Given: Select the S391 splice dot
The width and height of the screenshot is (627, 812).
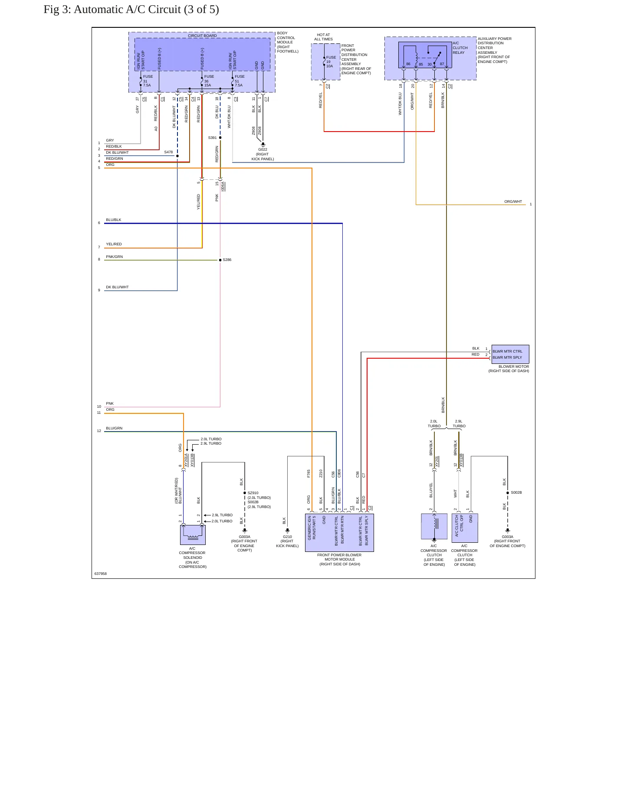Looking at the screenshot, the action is (220, 138).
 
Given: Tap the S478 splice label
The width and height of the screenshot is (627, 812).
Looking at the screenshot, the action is (168, 152).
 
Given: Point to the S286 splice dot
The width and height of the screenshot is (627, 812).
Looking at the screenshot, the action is (220, 260).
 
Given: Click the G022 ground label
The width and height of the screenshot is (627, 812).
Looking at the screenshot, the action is (263, 149).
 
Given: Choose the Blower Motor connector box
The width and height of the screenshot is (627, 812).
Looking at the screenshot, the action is (510, 354).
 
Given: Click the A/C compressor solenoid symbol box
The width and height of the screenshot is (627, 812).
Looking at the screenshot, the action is (193, 535).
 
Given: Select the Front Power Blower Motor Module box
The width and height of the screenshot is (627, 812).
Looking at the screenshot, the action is (339, 533).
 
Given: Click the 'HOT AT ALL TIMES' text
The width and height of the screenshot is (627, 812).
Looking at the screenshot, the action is (323, 37).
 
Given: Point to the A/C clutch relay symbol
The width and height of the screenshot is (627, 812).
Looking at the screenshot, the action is (425, 56).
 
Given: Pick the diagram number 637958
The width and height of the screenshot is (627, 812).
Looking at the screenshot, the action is (101, 574).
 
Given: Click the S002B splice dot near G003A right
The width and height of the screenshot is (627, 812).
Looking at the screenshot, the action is (508, 493).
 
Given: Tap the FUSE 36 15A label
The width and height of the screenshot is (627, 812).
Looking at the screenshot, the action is (209, 81).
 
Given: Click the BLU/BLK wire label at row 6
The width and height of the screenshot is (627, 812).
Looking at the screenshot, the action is (114, 220).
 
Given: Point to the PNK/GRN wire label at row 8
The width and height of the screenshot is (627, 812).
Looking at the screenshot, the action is (115, 257).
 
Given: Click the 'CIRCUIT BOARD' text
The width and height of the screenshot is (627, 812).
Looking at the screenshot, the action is (202, 36).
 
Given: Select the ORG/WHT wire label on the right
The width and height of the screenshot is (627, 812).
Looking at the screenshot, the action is (513, 201).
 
